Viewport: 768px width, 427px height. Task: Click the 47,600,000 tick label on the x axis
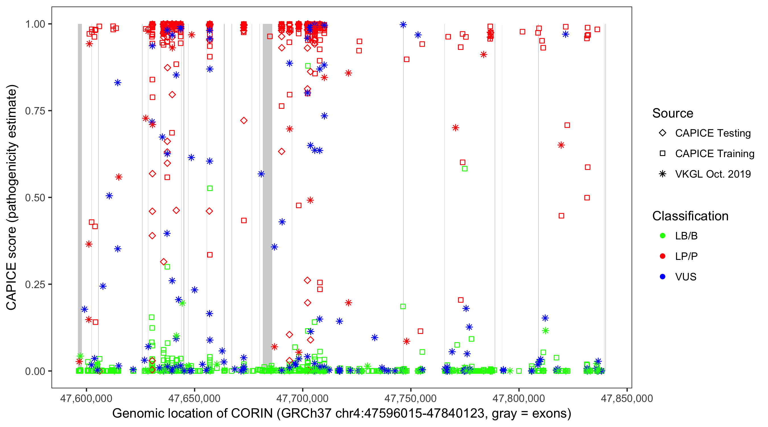[86, 398]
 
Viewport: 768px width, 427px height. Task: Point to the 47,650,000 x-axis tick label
[194, 398]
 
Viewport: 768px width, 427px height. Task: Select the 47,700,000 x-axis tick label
[302, 398]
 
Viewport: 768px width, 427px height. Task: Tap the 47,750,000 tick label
[410, 398]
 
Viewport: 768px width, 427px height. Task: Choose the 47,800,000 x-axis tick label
[519, 398]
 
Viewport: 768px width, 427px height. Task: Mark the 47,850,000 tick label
[627, 398]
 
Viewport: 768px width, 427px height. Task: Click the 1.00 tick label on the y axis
[35, 24]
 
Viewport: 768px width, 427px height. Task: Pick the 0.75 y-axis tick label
[35, 111]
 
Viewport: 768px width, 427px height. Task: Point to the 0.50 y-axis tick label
[35, 198]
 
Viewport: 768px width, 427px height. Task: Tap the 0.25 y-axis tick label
[35, 284]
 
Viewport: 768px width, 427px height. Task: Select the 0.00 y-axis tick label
[35, 371]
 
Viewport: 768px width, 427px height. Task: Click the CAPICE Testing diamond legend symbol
[662, 133]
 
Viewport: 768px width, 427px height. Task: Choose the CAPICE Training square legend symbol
[662, 153]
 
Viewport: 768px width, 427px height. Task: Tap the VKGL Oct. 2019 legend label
[713, 174]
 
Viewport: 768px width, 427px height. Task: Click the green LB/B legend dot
[662, 236]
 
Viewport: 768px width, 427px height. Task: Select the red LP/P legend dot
[662, 256]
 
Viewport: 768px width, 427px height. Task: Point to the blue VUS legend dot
[662, 277]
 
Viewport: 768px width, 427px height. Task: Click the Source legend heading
[673, 113]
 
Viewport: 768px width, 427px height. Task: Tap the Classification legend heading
[690, 216]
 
